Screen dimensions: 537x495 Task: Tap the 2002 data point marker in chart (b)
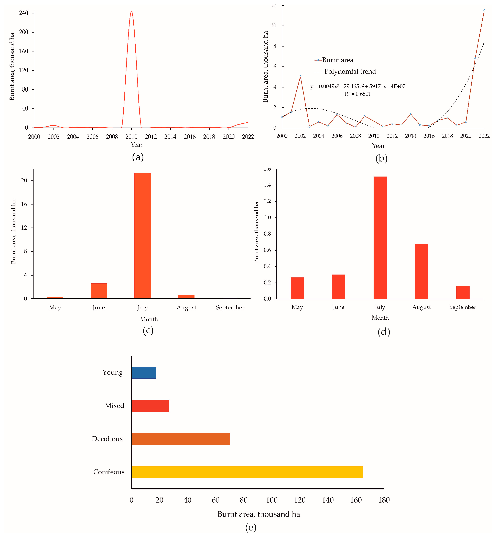coord(300,76)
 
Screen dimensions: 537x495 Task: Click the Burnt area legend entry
coord(334,60)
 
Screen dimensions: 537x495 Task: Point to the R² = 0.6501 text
coord(358,94)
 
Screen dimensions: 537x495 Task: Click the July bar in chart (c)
coord(143,236)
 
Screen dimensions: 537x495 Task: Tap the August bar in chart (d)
coord(421,271)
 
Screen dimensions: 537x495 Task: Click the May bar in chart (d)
coord(297,288)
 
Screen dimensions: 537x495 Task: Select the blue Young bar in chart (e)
coord(144,373)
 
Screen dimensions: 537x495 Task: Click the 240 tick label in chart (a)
coord(24,13)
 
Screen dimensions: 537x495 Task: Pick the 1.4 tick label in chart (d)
coord(267,185)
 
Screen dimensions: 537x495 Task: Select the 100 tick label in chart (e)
coord(272,500)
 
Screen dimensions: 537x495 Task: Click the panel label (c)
coord(148,330)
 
